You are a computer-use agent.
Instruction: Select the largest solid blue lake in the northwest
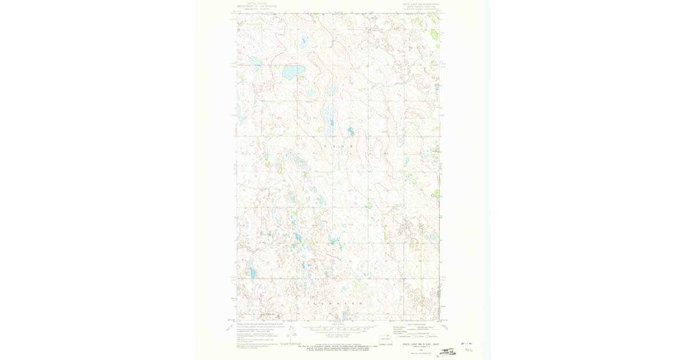click(293, 72)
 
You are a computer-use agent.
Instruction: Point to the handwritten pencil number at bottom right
click(469, 350)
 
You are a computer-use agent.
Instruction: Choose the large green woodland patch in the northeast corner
click(434, 35)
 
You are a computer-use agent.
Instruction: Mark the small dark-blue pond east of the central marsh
click(350, 132)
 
